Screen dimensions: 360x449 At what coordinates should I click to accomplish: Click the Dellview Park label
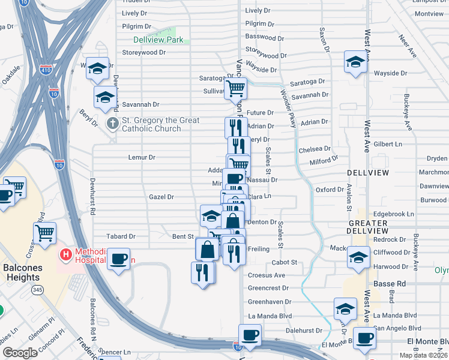tap(158, 40)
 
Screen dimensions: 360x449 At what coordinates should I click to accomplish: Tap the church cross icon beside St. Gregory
tap(112, 124)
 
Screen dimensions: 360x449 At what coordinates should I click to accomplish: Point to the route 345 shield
tap(38, 290)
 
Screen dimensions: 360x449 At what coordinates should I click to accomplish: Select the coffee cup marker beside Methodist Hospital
tap(119, 259)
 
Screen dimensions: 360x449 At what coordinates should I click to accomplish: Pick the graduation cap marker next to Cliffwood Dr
tap(358, 257)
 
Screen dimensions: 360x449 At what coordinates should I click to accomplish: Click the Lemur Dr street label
tap(142, 157)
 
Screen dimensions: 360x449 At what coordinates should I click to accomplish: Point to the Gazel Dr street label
tap(161, 197)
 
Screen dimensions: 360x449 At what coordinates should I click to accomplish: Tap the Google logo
tap(20, 352)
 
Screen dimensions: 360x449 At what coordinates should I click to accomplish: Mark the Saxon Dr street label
tap(322, 39)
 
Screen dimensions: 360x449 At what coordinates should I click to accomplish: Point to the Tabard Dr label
tap(121, 236)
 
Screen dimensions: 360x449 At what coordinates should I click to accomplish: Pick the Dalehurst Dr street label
tap(304, 330)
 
